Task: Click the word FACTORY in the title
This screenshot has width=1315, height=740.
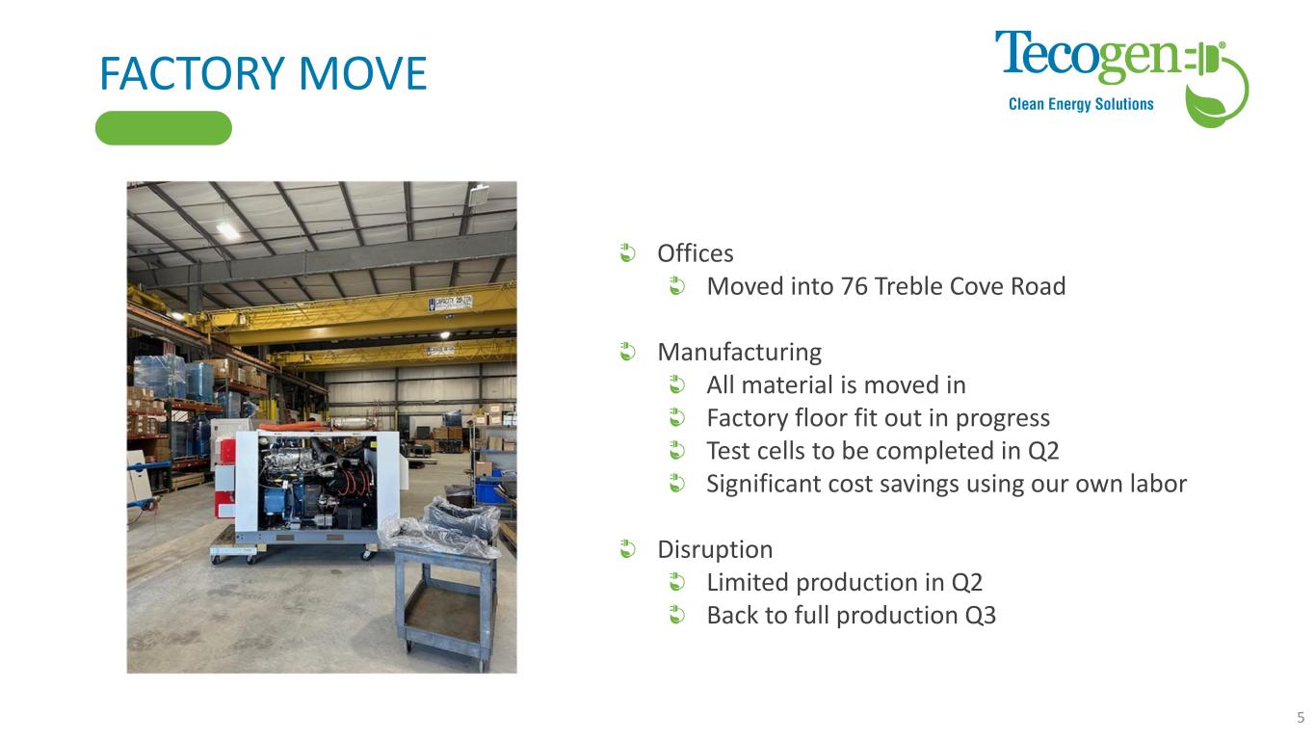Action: coord(193,73)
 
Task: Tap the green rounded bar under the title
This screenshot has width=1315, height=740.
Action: coord(164,128)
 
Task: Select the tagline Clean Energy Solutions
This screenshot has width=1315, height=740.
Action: coord(1081,104)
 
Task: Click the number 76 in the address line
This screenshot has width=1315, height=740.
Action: coord(855,286)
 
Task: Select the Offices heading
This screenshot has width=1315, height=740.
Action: coord(696,253)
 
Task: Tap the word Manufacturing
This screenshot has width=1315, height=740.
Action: coord(740,353)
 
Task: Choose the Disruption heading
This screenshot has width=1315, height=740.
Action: coord(715,550)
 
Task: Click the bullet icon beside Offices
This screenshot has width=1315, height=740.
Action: coord(627,253)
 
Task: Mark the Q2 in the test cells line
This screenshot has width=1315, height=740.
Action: coord(1043,451)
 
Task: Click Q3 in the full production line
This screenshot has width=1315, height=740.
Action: coord(981,616)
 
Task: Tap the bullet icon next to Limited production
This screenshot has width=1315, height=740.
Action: coord(677,582)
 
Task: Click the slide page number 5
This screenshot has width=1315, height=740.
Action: coord(1301,717)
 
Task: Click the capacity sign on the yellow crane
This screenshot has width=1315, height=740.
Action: coord(450,303)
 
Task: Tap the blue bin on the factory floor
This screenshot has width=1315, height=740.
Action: coord(490,491)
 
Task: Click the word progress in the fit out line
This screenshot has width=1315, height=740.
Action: coord(1003,419)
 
